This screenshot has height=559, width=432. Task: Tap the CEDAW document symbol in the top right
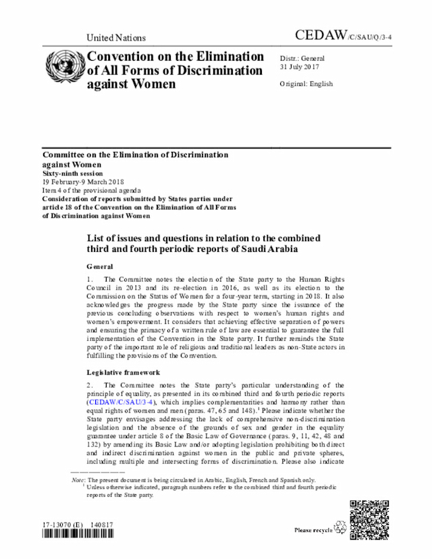click(x=342, y=36)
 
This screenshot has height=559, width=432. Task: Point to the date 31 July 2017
click(x=300, y=67)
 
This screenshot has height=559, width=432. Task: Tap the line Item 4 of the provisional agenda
click(x=92, y=191)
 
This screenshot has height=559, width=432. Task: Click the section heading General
click(x=100, y=267)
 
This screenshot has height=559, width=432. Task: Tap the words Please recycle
click(x=313, y=531)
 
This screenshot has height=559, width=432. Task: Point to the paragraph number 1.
click(x=90, y=279)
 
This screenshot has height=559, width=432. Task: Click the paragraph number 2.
click(x=90, y=385)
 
